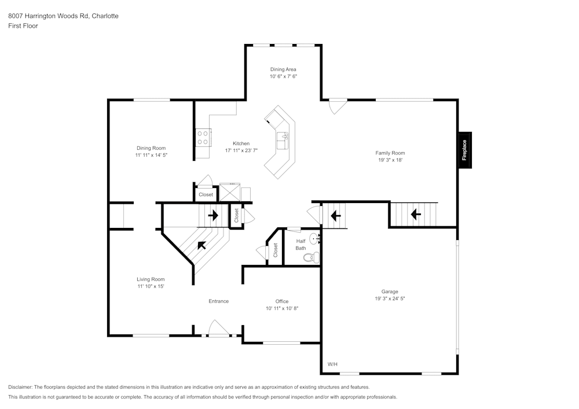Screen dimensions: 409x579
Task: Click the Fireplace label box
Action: point(464,150)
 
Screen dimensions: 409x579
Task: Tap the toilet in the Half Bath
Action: point(310,257)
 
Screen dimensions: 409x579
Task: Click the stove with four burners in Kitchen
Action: point(203,137)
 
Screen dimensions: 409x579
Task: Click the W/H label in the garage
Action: point(332,364)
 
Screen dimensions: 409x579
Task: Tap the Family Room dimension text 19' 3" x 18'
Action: point(390,160)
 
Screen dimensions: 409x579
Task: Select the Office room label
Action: point(282,301)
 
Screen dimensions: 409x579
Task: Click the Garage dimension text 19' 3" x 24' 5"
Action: point(390,299)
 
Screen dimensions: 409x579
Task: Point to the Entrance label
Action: point(218,301)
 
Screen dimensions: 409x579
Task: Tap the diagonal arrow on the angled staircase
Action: point(201,245)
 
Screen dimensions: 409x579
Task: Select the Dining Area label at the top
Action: point(283,69)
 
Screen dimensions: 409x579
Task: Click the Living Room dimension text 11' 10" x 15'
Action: point(151,286)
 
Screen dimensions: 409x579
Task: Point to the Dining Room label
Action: point(151,148)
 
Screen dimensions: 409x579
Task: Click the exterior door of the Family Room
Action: point(336,106)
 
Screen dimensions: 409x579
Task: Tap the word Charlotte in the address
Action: point(104,16)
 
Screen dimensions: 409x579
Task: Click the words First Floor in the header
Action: point(23,26)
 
